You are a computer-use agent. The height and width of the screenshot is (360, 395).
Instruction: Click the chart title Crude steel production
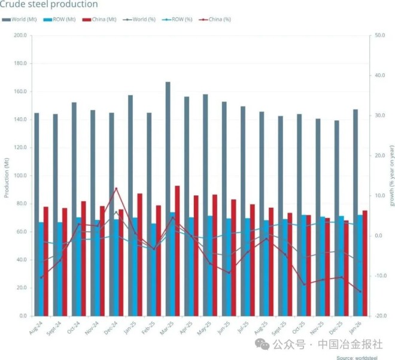pyautogui.click(x=49, y=5)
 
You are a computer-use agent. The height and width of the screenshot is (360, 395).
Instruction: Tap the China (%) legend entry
pyautogui.click(x=216, y=19)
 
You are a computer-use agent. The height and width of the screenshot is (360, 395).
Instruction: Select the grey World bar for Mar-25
pyautogui.click(x=168, y=198)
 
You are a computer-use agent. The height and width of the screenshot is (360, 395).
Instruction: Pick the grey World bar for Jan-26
pyautogui.click(x=355, y=212)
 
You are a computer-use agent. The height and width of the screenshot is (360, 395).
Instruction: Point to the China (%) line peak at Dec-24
pyautogui.click(x=116, y=189)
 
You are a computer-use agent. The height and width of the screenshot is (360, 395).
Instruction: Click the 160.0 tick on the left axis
pyautogui.click(x=20, y=92)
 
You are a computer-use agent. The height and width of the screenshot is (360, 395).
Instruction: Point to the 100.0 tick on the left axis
pyautogui.click(x=20, y=176)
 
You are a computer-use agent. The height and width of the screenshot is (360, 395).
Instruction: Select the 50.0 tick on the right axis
pyautogui.click(x=379, y=35)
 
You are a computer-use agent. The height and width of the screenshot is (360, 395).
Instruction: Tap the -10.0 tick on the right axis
pyautogui.click(x=379, y=276)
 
